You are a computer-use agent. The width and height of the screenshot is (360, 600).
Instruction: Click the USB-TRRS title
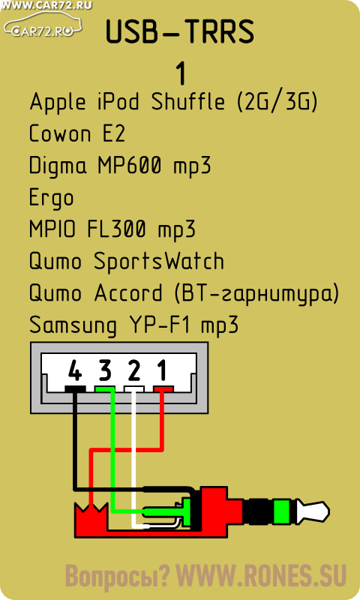180,31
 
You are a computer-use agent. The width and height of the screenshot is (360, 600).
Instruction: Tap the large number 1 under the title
181,73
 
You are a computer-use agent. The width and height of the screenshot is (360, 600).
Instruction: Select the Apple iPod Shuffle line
174,102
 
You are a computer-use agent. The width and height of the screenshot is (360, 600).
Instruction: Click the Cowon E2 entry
77,133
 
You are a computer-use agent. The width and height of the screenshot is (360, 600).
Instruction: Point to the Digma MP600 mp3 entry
120,166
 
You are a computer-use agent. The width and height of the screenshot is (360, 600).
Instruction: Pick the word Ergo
51,198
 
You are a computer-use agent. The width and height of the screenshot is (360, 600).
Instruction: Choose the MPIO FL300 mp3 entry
112,230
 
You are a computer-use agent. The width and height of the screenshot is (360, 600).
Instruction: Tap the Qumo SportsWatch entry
127,262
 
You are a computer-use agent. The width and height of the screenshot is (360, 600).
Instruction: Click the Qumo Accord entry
184,293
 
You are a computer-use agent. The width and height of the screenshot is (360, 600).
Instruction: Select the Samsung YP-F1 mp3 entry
134,325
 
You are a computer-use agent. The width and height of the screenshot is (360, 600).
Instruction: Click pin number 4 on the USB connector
75,370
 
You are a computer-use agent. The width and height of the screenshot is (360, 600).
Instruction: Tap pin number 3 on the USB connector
105,370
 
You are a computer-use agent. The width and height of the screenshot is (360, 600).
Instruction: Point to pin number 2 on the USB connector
134,370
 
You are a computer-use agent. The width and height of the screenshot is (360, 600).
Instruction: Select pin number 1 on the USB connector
162,370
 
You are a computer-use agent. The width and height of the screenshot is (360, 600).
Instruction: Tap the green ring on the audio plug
282,512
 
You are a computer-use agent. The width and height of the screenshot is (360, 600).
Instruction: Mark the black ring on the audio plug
259,512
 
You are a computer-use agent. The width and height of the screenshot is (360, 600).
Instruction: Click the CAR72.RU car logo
43,24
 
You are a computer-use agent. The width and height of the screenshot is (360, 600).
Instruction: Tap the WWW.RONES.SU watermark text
261,576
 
